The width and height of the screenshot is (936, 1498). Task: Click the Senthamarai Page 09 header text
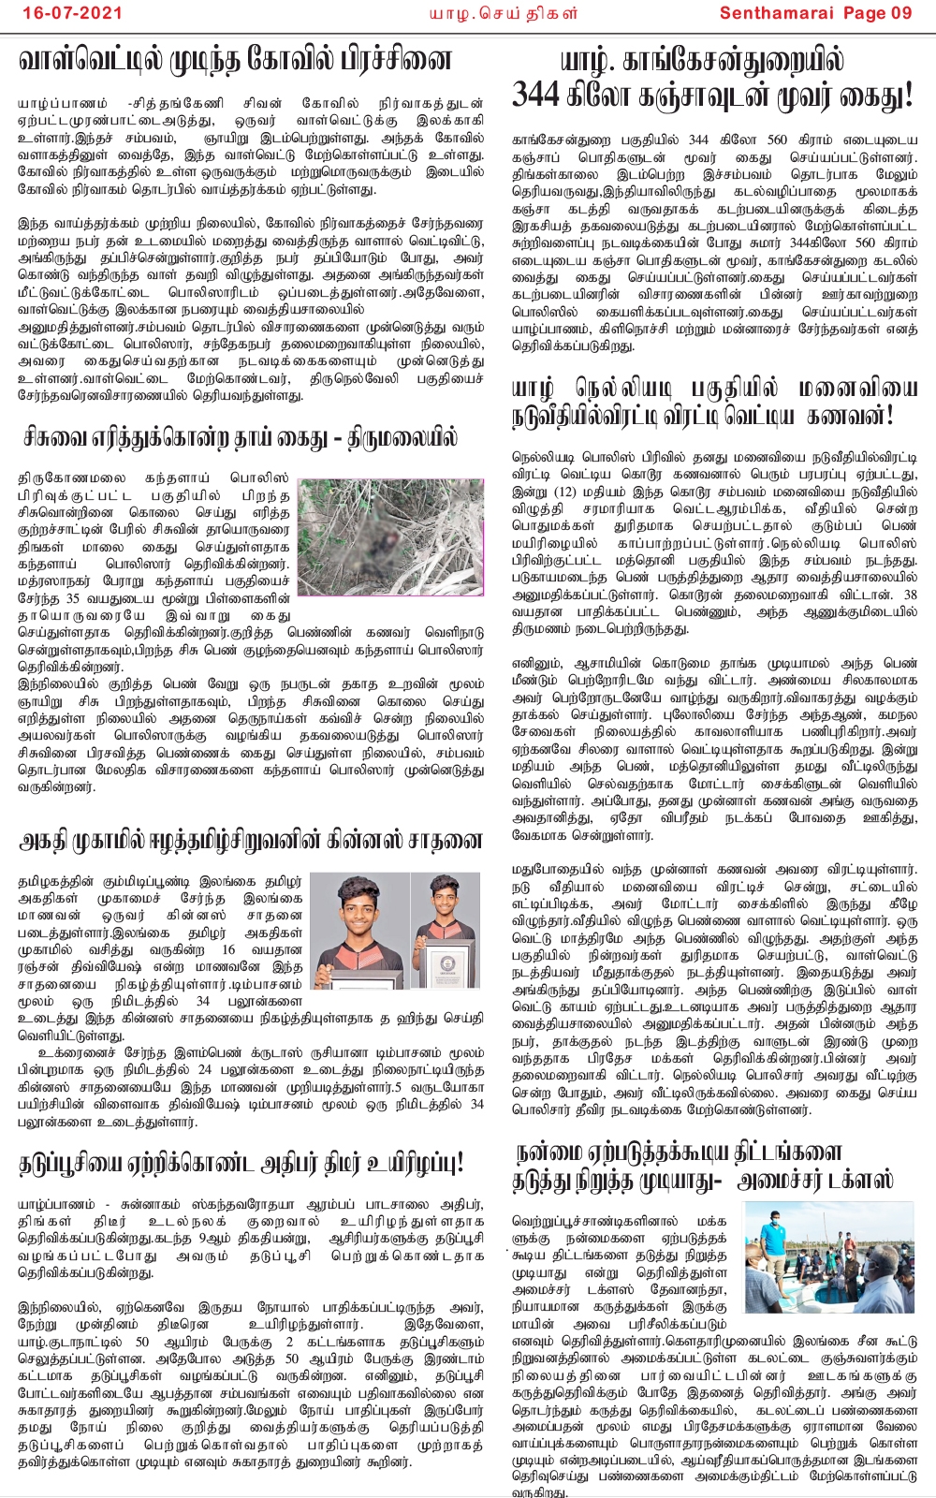(x=815, y=13)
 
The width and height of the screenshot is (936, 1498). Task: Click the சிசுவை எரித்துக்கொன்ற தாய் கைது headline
(x=241, y=437)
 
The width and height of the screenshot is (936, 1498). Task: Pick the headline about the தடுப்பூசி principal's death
(x=241, y=1164)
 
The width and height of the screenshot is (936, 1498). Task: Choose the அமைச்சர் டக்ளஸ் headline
(x=704, y=1167)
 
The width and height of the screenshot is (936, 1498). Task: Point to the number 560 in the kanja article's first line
(x=777, y=140)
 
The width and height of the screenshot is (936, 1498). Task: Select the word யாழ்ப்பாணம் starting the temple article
(x=56, y=104)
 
